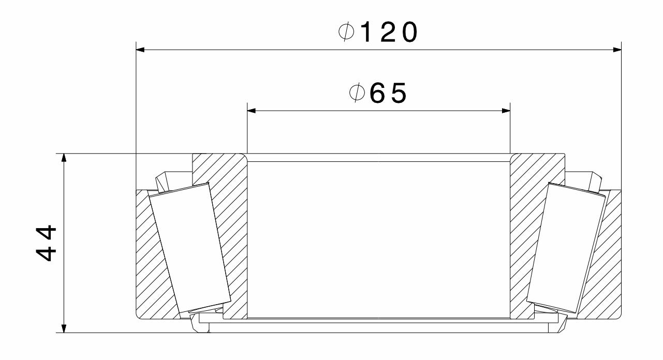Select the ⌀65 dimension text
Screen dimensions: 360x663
coord(377,94)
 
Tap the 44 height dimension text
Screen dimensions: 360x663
coord(50,243)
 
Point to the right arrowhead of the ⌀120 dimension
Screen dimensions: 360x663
coord(616,50)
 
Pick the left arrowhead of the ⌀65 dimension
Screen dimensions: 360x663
coord(252,110)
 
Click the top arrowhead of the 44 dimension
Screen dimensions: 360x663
coord(64,158)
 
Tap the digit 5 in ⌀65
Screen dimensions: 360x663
coord(398,94)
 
